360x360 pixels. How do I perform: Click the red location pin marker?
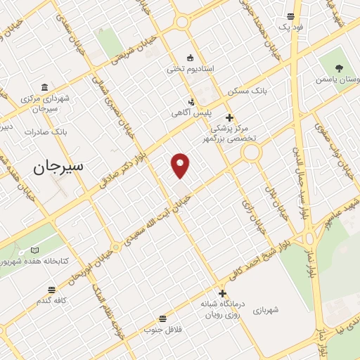[x=181, y=165]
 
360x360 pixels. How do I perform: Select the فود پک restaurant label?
[x=290, y=27]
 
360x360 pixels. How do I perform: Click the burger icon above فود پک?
[x=290, y=16]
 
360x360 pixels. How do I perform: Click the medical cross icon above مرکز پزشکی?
[x=229, y=117]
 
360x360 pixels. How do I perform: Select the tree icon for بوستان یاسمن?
[x=339, y=69]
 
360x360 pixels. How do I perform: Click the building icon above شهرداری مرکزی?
[x=45, y=88]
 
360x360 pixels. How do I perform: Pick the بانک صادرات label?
[x=46, y=131]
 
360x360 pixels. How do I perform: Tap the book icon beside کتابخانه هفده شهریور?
[x=35, y=251]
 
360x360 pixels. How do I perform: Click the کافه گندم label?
[x=53, y=300]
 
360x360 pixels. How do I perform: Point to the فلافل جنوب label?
[x=163, y=329]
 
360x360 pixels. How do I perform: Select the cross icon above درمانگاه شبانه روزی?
[x=223, y=294]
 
